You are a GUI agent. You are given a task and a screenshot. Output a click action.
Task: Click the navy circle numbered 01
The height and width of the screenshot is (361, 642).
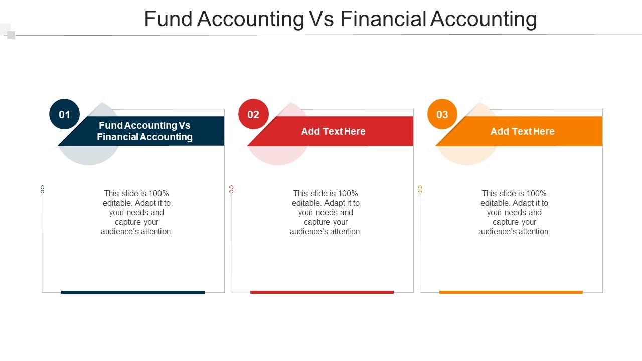[x=64, y=114]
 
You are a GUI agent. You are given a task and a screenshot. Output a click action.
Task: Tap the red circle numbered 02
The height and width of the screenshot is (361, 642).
[x=253, y=114]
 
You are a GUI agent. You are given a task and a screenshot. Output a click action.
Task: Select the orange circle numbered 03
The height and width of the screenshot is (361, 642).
[x=442, y=114]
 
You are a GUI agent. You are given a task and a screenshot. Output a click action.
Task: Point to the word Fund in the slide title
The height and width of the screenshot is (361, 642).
[x=168, y=19]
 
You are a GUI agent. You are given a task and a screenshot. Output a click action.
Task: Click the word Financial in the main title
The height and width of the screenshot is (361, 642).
[x=383, y=19]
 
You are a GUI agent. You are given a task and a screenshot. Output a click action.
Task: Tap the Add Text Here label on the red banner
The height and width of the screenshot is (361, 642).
[x=334, y=131]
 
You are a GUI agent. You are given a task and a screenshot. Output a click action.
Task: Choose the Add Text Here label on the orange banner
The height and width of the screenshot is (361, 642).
[x=523, y=131]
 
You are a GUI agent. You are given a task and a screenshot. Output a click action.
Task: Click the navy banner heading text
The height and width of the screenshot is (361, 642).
[x=145, y=131]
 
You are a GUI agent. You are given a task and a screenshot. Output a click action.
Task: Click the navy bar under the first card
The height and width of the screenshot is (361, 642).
[x=133, y=292]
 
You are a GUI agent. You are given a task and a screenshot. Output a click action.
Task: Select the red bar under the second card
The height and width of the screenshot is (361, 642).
[x=322, y=292]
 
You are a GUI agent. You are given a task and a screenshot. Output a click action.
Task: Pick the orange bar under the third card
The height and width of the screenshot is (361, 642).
[x=511, y=292]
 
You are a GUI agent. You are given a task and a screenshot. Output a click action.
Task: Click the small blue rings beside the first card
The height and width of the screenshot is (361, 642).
[x=43, y=189]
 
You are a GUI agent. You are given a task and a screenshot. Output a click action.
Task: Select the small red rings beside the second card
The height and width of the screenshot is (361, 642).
[x=231, y=189]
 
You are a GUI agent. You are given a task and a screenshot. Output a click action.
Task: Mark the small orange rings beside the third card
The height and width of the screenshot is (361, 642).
[x=420, y=189]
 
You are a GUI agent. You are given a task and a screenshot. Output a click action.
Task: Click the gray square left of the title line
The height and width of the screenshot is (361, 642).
[x=11, y=35]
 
